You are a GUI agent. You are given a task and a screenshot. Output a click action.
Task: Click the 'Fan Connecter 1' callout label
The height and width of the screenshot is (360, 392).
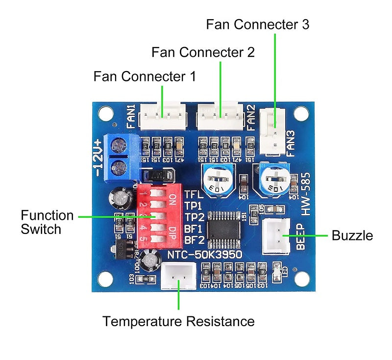pos(145,77)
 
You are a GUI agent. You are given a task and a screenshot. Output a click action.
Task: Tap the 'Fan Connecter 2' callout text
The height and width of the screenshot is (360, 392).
pos(203,52)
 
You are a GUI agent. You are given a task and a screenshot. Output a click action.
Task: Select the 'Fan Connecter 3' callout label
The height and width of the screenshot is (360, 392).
pos(257,25)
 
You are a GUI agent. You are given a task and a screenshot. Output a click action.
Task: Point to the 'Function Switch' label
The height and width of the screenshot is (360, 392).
pos(47,222)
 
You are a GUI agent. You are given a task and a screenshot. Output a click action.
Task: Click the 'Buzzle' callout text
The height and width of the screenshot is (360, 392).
pos(352,235)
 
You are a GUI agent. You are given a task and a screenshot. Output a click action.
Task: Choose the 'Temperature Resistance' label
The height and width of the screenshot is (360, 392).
pos(178,322)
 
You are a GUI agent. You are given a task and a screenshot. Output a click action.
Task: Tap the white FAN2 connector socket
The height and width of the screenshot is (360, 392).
pos(220,116)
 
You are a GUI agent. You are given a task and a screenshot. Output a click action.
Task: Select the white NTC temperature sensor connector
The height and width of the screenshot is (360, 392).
pos(178,278)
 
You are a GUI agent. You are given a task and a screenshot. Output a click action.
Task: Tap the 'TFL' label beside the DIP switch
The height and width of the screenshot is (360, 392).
pos(194,194)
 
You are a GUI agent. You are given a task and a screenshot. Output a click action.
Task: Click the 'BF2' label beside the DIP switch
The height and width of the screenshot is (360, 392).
pos(194,240)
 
